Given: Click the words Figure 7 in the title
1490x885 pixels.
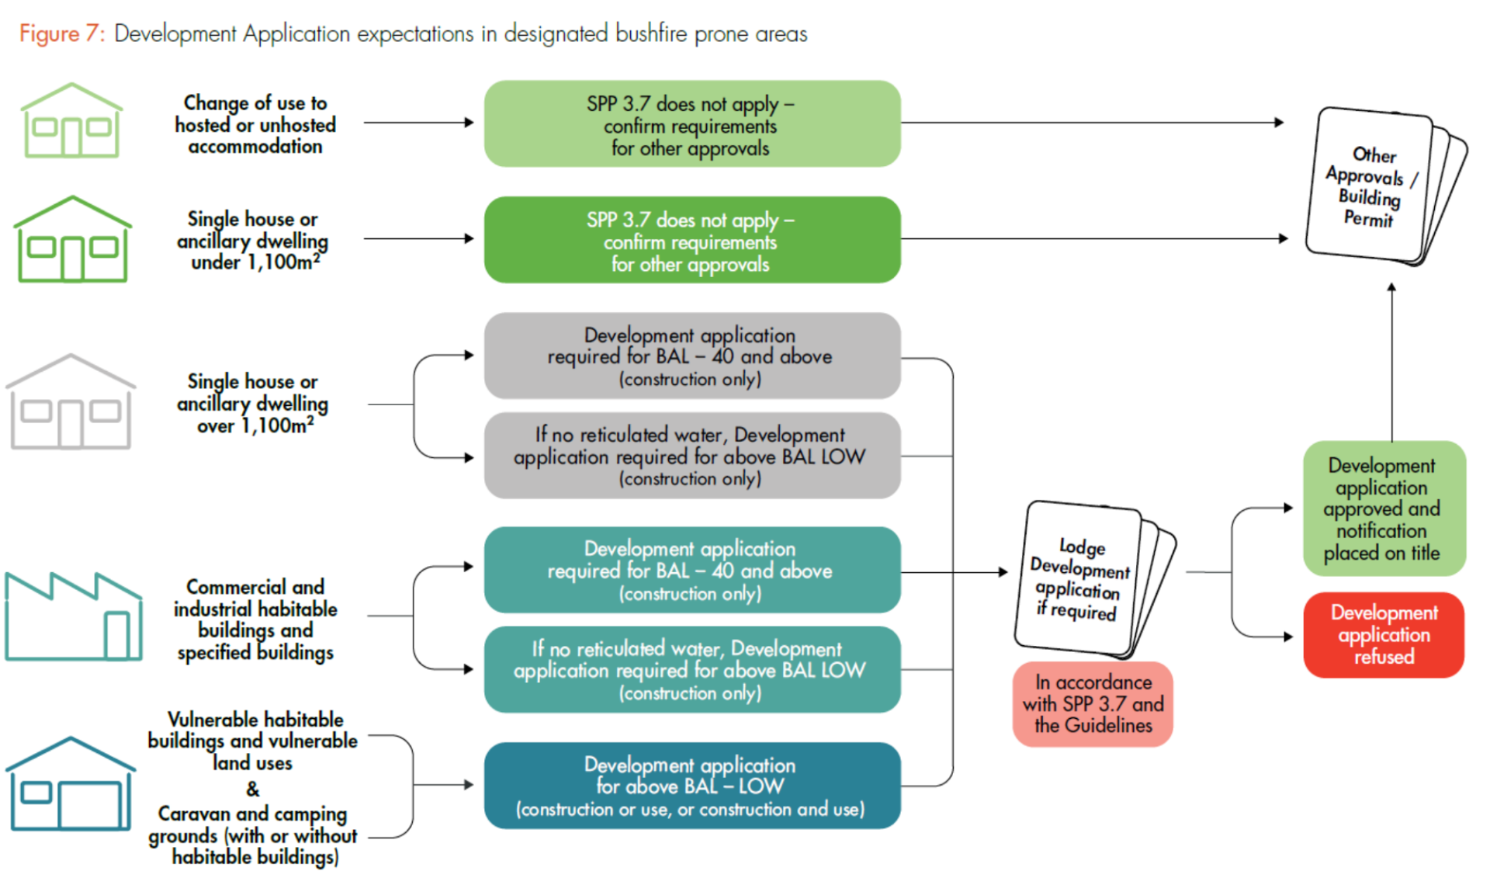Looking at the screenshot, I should pyautogui.click(x=60, y=34).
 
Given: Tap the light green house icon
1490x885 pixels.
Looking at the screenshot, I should pyautogui.click(x=71, y=121).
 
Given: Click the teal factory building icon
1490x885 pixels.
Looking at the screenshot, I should pyautogui.click(x=74, y=617).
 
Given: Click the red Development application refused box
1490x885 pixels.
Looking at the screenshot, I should pyautogui.click(x=1384, y=635).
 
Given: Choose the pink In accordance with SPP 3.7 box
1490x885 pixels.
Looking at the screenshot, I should pyautogui.click(x=1093, y=704).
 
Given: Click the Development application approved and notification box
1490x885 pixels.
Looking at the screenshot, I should pyautogui.click(x=1384, y=508).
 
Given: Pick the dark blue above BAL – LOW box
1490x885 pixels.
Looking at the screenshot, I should pyautogui.click(x=691, y=786).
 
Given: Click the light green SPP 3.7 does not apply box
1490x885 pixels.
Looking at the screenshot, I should pyautogui.click(x=691, y=124).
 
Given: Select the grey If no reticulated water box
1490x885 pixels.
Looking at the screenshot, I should pyautogui.click(x=691, y=456).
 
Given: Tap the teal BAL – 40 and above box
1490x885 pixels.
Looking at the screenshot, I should pyautogui.click(x=691, y=571).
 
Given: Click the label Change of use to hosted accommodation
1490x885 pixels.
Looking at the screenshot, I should pyautogui.click(x=255, y=124).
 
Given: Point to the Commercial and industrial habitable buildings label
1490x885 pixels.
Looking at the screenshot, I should pyautogui.click(x=255, y=619).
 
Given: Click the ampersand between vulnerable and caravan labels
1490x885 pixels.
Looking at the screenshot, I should pyautogui.click(x=253, y=789).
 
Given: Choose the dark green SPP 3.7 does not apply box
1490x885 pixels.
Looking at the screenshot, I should pyautogui.click(x=691, y=241).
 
